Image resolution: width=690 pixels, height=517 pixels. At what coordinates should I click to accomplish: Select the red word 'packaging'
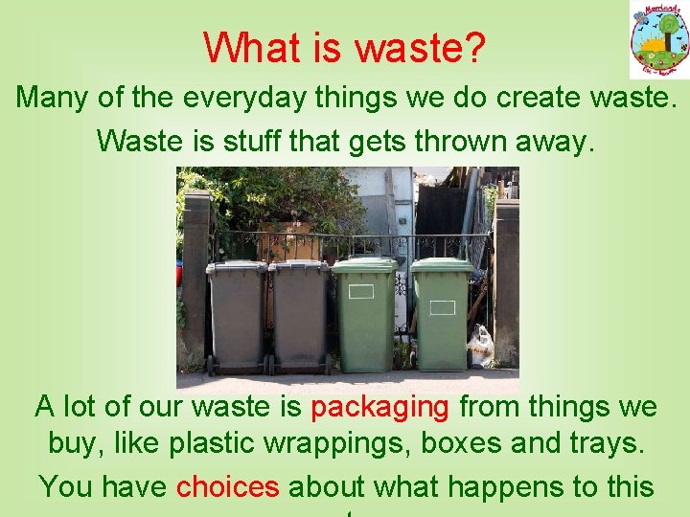click(x=380, y=407)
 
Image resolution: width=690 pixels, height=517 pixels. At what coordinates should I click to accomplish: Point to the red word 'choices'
click(x=227, y=486)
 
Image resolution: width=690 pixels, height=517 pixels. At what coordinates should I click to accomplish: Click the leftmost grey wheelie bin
click(x=237, y=316)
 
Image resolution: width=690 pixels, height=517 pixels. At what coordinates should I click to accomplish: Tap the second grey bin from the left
click(x=300, y=316)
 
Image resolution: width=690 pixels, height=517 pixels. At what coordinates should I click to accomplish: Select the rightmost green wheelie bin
click(x=442, y=316)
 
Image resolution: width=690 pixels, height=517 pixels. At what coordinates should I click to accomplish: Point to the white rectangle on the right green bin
click(x=442, y=307)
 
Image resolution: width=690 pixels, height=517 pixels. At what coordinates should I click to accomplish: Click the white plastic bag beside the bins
click(x=480, y=347)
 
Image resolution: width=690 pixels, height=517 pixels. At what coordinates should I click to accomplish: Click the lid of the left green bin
click(x=364, y=263)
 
